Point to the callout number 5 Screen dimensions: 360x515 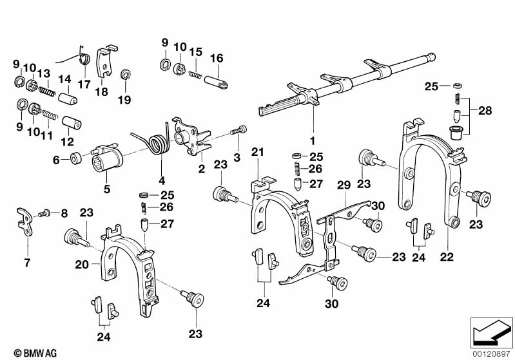coord(107,189)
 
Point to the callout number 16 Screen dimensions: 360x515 coord(217,58)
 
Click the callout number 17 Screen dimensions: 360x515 coord(84,83)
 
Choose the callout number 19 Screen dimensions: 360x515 coord(124,99)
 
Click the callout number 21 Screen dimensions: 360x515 coord(258,152)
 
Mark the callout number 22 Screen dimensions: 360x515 coord(447,256)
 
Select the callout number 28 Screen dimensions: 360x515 coord(485,111)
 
